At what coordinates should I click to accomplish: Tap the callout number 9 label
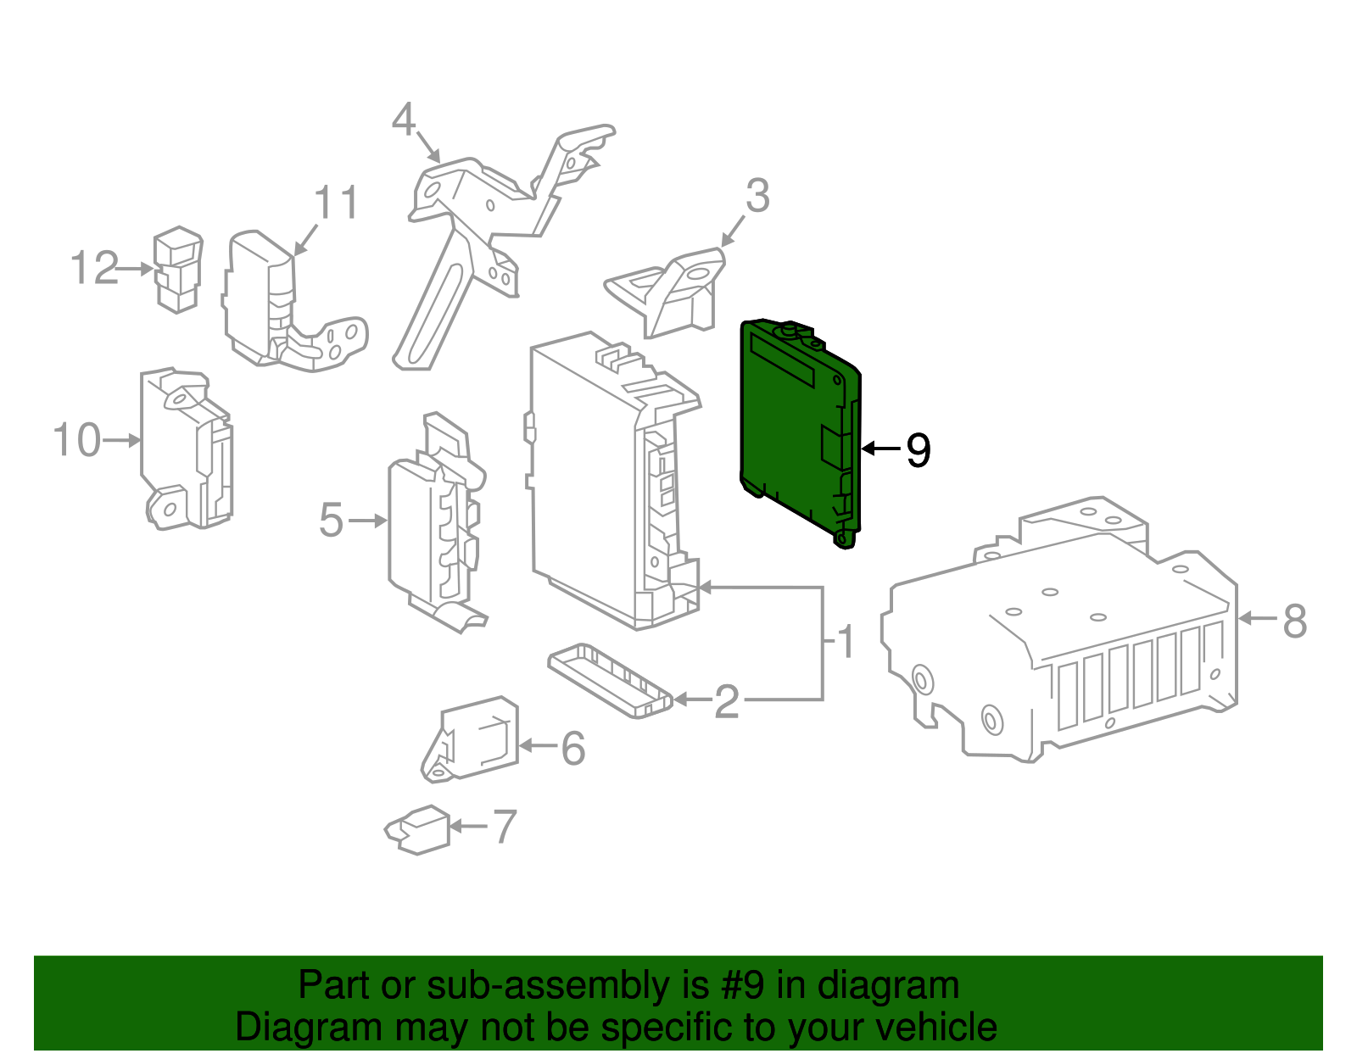[919, 450]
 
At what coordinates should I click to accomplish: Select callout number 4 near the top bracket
[404, 121]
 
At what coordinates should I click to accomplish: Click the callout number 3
[757, 197]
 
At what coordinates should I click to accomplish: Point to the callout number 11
[337, 203]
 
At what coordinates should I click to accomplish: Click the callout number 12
[94, 269]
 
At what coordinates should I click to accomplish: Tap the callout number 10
[76, 441]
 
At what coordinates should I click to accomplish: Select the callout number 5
[331, 521]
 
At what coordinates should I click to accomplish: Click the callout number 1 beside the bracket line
[846, 643]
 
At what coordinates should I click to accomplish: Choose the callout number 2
[727, 702]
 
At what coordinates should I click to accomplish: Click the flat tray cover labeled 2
[609, 679]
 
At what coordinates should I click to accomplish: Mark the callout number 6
[573, 749]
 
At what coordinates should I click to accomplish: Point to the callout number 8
[1294, 621]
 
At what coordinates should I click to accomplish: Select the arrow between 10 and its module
[121, 440]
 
